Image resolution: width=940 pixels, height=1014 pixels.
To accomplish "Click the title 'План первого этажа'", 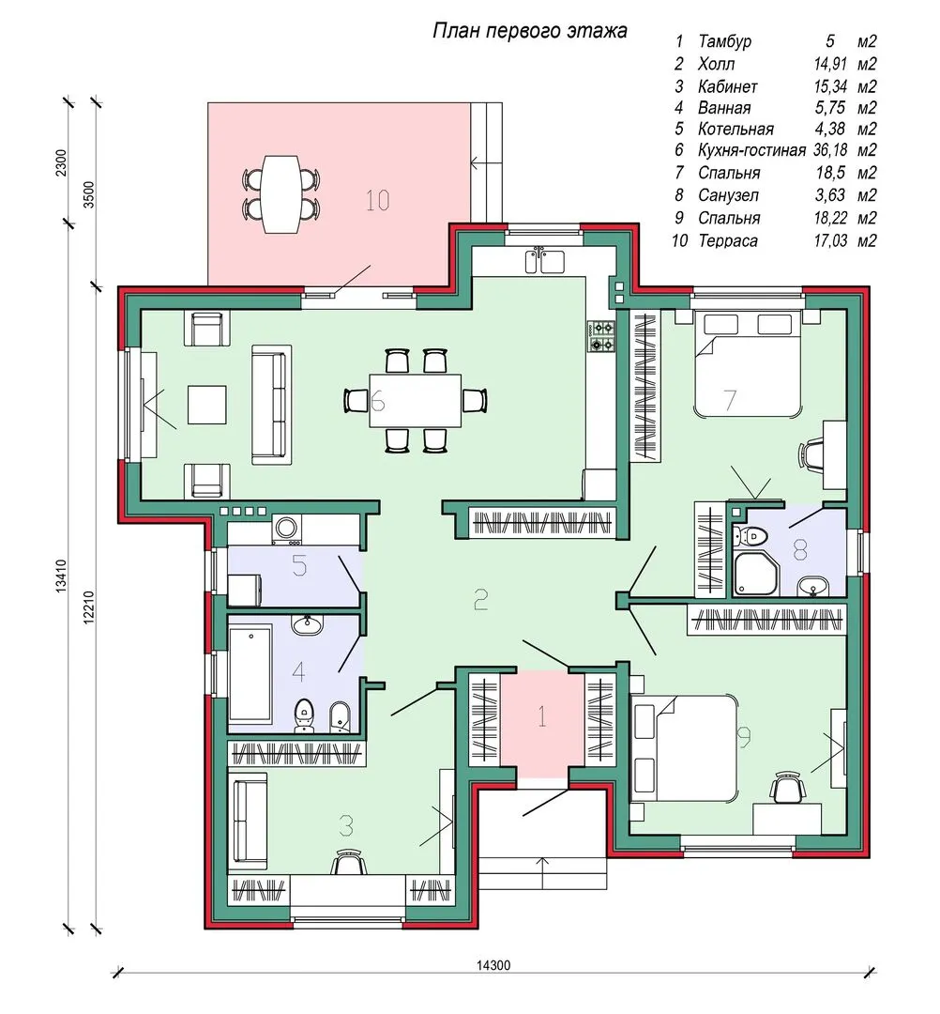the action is (529, 30).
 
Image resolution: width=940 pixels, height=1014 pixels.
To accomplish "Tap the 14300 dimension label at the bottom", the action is (493, 965).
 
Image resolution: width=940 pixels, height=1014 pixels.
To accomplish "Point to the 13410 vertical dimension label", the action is (61, 576).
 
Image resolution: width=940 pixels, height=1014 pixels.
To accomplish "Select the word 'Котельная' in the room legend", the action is (735, 130).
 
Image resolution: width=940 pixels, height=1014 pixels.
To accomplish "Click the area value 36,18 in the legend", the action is (830, 150).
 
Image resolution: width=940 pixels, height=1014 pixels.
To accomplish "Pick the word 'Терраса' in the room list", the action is (728, 240).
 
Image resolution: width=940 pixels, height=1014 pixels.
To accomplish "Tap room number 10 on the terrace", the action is (377, 201).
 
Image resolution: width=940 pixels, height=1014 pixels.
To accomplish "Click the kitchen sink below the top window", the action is (545, 260).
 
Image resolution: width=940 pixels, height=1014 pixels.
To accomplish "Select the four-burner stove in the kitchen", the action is (600, 337).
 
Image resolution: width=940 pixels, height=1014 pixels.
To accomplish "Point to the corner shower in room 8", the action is (756, 574).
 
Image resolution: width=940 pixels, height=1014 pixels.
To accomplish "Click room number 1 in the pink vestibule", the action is (542, 716).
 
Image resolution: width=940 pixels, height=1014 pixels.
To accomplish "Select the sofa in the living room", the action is (271, 404).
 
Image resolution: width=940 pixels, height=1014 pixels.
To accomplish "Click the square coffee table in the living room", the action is (206, 405).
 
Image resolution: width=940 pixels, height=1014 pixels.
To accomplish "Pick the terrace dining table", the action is (281, 193).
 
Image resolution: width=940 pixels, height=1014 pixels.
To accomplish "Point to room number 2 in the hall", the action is (480, 600).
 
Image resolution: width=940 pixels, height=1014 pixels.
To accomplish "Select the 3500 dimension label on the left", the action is (89, 194).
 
